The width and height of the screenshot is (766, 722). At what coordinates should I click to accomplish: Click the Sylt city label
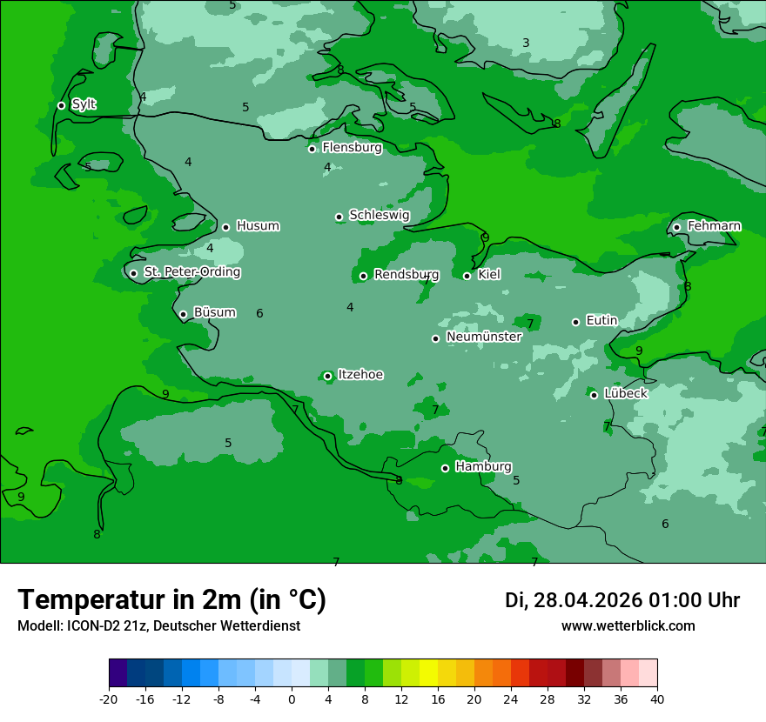[84, 104]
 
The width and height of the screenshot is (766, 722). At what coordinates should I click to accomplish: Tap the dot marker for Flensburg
[312, 149]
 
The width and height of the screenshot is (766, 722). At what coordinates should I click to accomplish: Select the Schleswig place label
[379, 215]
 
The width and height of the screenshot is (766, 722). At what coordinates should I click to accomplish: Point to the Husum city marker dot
[225, 227]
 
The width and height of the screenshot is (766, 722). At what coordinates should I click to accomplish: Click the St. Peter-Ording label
[191, 272]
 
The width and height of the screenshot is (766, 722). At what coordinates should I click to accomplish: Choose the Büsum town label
[214, 312]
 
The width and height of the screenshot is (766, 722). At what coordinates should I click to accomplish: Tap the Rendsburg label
[406, 275]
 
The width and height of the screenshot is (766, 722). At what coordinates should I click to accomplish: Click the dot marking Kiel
[467, 276]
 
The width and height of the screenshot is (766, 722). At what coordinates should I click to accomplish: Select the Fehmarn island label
[714, 226]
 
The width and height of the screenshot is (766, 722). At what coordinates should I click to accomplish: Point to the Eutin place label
[601, 320]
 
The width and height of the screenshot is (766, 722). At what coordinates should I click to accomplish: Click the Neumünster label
[483, 337]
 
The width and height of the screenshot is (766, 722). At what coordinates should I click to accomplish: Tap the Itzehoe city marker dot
[327, 377]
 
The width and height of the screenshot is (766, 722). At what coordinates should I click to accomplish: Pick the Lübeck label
[625, 393]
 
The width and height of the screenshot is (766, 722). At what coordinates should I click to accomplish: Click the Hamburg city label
[483, 467]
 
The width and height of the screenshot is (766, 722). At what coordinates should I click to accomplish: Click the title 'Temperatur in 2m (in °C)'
[171, 600]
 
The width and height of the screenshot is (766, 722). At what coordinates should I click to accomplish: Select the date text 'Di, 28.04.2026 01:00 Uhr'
[622, 600]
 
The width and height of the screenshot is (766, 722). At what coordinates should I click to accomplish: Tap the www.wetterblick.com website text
[628, 626]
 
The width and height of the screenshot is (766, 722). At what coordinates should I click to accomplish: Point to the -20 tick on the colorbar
[109, 699]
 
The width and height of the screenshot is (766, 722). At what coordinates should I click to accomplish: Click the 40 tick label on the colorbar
[657, 699]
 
